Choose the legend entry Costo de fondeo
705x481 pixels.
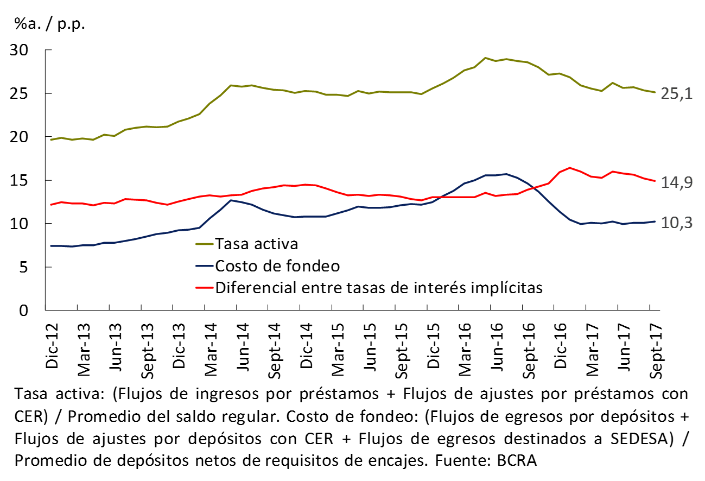click(x=277, y=266)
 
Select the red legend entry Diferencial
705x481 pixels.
click(x=379, y=287)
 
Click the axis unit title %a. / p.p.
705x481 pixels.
click(x=50, y=24)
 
